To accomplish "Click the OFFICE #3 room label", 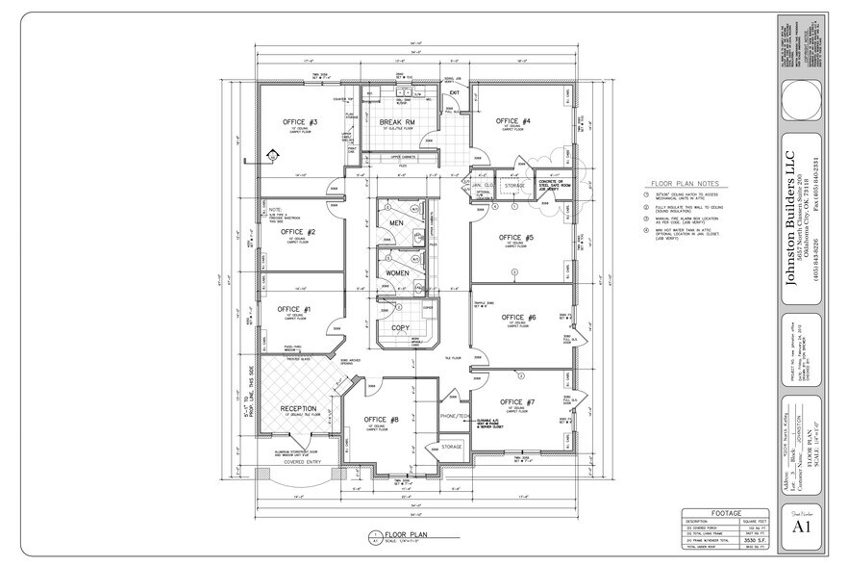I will point(300,122).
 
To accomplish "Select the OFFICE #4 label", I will point(514,121).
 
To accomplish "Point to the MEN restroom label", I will point(397,223).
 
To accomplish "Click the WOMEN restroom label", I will point(397,272).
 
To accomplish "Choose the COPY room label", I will point(400,328).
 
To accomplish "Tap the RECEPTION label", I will point(298,408).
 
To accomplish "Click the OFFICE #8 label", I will point(382,419).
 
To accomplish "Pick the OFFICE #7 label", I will point(518,401).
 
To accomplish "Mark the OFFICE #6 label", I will point(518,318).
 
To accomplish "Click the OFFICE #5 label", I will point(516,237).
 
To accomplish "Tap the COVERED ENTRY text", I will point(302,461).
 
